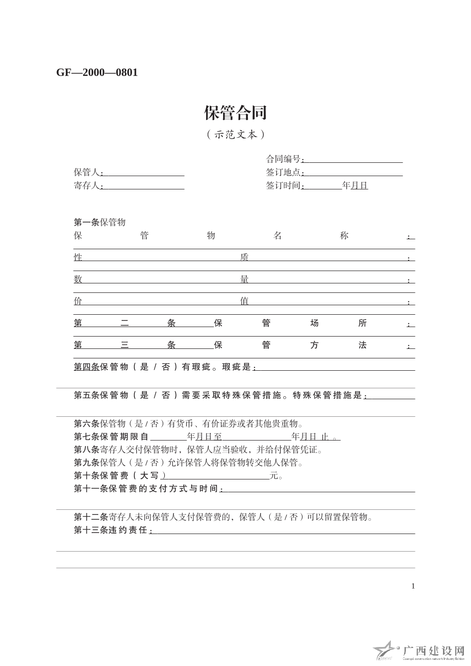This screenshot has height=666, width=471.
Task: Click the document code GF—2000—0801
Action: click(x=97, y=73)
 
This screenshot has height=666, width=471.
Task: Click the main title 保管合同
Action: click(x=235, y=113)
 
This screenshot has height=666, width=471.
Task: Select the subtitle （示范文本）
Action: click(x=235, y=135)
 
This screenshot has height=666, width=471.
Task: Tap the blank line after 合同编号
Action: click(x=353, y=159)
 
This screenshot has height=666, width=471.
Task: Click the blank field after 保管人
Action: click(x=143, y=172)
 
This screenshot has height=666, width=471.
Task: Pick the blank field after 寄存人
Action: click(x=143, y=186)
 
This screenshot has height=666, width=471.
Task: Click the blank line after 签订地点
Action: click(x=353, y=172)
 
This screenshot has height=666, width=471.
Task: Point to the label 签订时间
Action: click(x=283, y=186)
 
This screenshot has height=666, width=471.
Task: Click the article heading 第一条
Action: click(x=86, y=223)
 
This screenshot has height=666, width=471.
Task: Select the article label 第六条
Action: click(x=86, y=424)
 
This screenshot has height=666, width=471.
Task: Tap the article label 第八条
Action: click(x=86, y=450)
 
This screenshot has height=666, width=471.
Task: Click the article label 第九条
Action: click(x=86, y=462)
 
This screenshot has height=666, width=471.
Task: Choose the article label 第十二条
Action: click(x=91, y=517)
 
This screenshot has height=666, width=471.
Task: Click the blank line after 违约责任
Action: click(x=283, y=531)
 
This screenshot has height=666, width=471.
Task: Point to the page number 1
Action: click(x=413, y=586)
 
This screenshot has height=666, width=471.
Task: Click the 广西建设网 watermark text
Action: click(x=433, y=650)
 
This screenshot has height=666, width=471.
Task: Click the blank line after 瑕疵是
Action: click(x=335, y=367)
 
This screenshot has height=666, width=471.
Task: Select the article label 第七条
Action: click(x=86, y=437)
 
